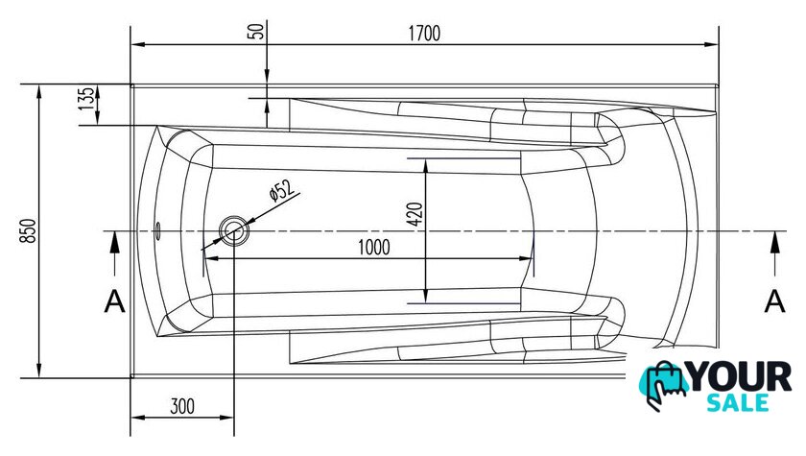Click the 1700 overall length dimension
pyautogui.click(x=424, y=34)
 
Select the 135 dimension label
pyautogui.click(x=86, y=98)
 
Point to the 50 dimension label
pyautogui.click(x=257, y=31)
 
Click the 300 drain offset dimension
pyautogui.click(x=182, y=407)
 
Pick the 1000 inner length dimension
pyautogui.click(x=373, y=248)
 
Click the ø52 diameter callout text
pyautogui.click(x=282, y=191)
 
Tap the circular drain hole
pyautogui.click(x=234, y=230)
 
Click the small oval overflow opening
pyautogui.click(x=158, y=229)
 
